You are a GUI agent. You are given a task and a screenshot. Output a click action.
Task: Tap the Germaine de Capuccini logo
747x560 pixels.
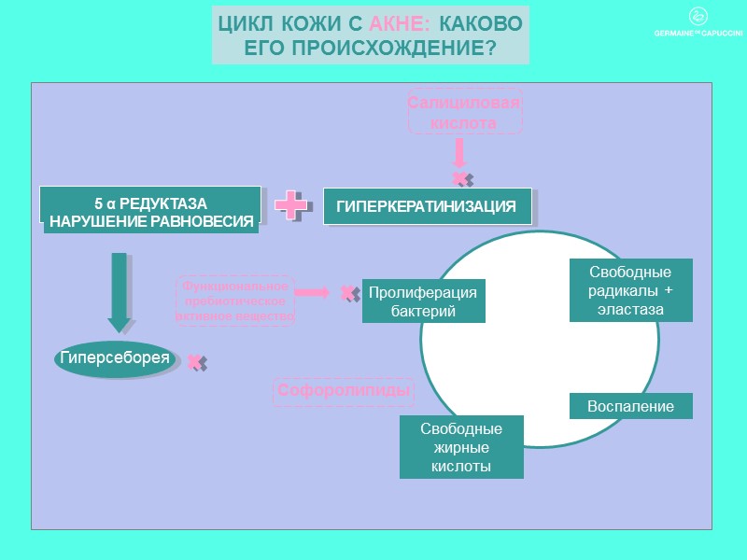(697, 24)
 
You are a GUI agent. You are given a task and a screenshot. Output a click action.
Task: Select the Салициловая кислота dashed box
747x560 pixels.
(464, 112)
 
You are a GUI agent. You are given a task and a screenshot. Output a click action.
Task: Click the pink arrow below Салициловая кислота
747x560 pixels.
(459, 152)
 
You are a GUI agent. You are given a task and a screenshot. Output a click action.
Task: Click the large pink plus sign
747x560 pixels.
(291, 205)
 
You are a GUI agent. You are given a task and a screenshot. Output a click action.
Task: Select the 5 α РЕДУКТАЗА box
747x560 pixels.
(150, 212)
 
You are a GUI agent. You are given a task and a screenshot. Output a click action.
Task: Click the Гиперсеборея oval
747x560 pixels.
(115, 357)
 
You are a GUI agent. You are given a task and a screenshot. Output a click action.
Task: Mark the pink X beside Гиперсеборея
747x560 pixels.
(194, 361)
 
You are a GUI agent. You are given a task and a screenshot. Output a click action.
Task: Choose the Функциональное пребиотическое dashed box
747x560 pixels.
(235, 301)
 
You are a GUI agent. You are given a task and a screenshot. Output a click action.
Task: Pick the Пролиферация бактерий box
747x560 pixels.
(423, 301)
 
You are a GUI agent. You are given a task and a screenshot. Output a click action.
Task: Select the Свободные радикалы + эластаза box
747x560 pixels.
(630, 290)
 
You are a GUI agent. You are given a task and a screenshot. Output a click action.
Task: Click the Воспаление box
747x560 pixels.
(630, 406)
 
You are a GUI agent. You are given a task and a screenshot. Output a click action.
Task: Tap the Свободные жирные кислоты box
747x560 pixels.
(461, 447)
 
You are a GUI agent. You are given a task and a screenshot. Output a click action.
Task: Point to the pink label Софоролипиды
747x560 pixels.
(344, 391)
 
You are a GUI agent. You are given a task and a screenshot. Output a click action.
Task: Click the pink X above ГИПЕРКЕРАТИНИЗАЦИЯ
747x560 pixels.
(459, 177)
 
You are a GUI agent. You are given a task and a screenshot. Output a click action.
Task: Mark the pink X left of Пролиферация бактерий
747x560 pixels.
(347, 292)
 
